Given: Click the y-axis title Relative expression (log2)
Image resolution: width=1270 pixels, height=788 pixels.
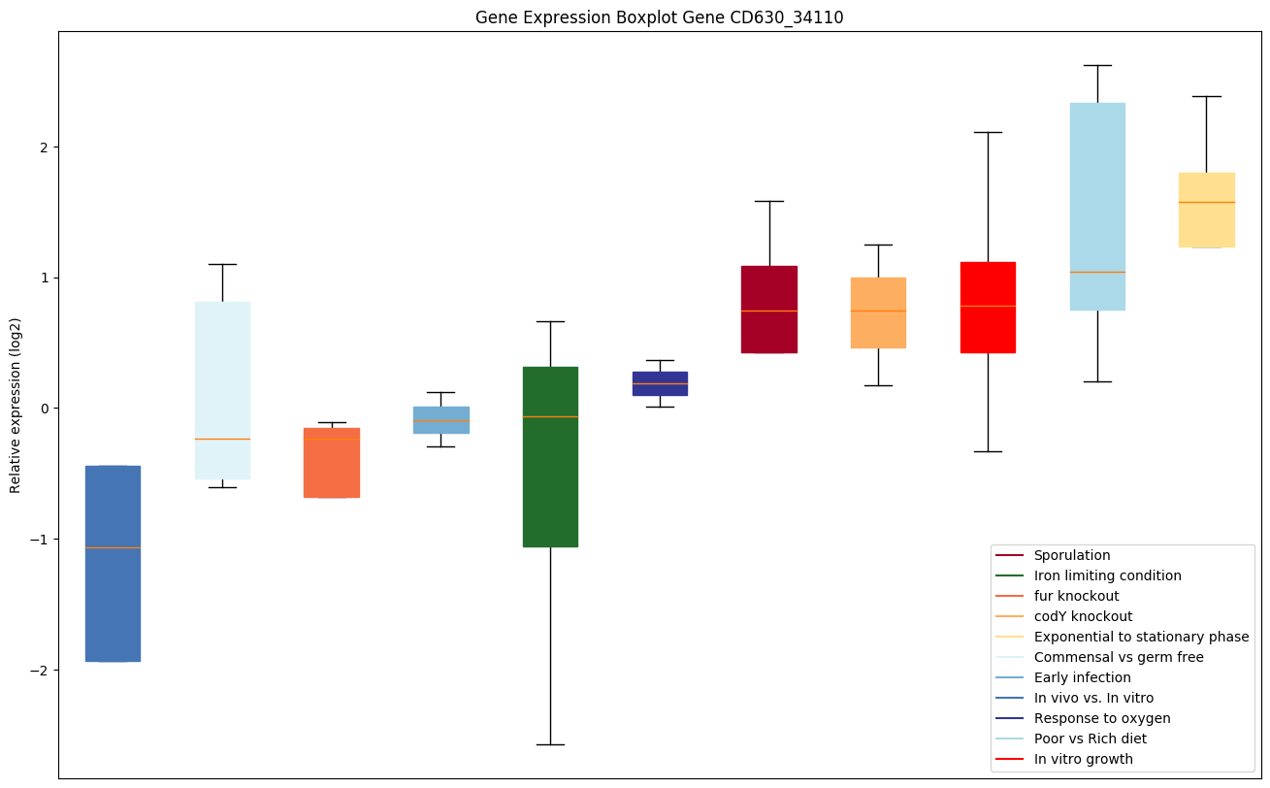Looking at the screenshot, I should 16,406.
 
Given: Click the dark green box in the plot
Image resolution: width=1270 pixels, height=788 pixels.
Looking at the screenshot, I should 550,456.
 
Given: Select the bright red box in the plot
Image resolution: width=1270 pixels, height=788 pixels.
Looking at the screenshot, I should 988,308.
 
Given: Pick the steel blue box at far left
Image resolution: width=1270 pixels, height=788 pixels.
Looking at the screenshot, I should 113,563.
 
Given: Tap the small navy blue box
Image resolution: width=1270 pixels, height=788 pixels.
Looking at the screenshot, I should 660,383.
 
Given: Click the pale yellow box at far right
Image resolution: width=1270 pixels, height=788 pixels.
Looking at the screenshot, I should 1206,210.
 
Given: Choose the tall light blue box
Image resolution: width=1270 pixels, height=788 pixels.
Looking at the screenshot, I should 1097,206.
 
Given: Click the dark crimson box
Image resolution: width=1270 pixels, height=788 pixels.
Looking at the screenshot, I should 768,309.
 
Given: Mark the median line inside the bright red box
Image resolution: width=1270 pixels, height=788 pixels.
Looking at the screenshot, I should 988,306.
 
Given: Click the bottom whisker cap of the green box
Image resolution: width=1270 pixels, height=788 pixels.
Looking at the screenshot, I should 550,744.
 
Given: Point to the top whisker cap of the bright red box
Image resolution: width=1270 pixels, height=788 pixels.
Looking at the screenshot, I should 988,132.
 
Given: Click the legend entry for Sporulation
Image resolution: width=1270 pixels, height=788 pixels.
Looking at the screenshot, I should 1071,555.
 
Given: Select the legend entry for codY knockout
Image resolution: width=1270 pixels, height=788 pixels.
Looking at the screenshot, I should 1083,616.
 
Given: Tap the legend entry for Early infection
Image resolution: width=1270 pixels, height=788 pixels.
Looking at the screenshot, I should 1082,677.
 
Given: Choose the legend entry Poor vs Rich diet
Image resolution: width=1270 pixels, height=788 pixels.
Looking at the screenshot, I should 1090,739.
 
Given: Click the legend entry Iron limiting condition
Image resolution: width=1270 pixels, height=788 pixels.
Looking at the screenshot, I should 1107,575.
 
